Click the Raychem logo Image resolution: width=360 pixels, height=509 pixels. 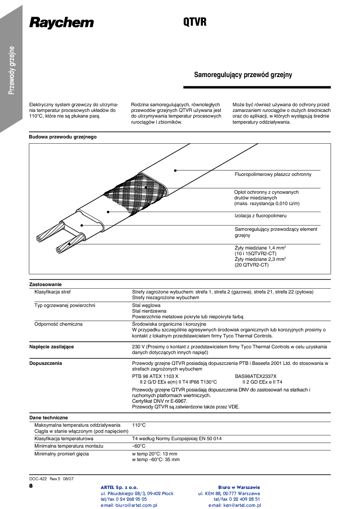click(61, 23)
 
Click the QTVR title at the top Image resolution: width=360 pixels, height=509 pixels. click(195, 23)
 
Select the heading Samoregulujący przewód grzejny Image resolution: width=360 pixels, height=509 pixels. click(243, 75)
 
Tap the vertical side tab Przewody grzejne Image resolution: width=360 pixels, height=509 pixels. click(12, 70)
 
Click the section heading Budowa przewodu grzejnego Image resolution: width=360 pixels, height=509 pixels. click(63, 137)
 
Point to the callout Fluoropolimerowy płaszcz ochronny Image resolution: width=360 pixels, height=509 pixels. click(273, 174)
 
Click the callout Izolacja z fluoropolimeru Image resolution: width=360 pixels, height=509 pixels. click(260, 216)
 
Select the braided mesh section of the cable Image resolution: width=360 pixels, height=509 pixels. click(135, 192)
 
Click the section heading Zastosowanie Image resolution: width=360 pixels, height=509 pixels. click(45, 284)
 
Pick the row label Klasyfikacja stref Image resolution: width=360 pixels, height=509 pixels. click(53, 292)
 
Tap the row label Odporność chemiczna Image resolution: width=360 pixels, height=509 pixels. click(58, 324)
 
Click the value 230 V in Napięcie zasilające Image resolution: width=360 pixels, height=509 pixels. click(138, 347)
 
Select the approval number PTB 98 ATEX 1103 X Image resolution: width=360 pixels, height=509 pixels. click(155, 376)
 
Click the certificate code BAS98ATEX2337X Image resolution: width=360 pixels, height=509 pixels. click(256, 376)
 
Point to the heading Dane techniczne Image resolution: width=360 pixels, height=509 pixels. click(48, 418)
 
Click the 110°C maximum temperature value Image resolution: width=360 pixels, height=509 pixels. click(139, 425)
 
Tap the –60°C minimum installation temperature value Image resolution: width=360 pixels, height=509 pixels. click(138, 446)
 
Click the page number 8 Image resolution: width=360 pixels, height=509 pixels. click(31, 486)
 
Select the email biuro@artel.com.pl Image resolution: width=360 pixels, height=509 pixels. click(129, 506)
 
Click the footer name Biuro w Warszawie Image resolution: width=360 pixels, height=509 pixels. click(239, 487)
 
